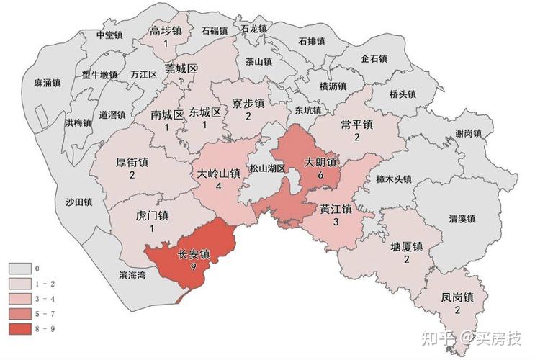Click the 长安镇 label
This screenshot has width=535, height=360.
[194, 254]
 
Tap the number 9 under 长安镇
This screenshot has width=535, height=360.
[194, 267]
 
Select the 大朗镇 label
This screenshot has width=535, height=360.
[321, 162]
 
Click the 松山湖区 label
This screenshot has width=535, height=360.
[268, 168]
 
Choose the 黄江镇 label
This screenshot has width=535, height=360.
[336, 210]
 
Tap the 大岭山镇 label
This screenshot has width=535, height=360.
[217, 174]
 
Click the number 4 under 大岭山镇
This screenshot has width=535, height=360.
[217, 186]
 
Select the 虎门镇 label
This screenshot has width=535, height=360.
[152, 215]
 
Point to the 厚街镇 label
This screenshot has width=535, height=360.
[132, 163]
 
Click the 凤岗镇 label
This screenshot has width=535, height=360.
[457, 297]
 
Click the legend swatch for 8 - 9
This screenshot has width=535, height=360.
[20, 329]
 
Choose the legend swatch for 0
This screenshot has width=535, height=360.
[20, 269]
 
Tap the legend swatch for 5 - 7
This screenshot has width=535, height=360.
[20, 314]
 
